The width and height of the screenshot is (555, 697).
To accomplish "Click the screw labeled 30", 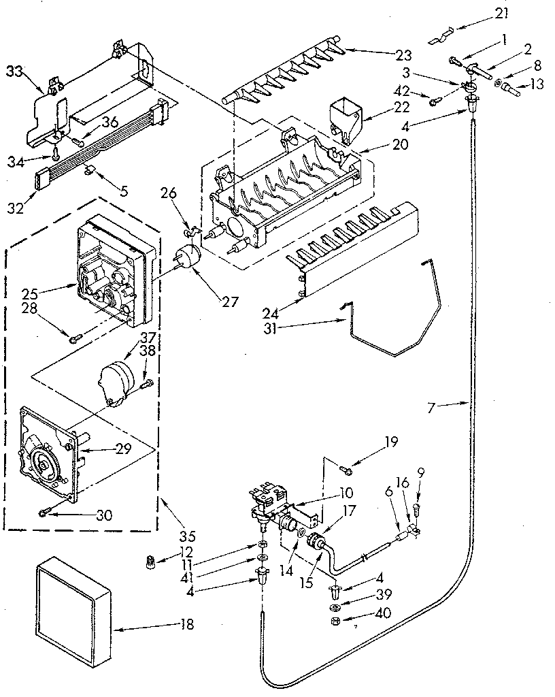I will point(44,513).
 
